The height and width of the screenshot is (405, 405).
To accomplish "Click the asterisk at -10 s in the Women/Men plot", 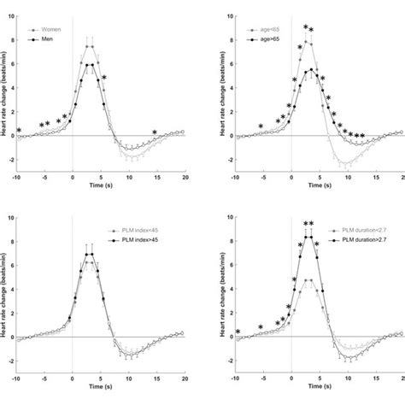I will [x=19, y=131].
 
